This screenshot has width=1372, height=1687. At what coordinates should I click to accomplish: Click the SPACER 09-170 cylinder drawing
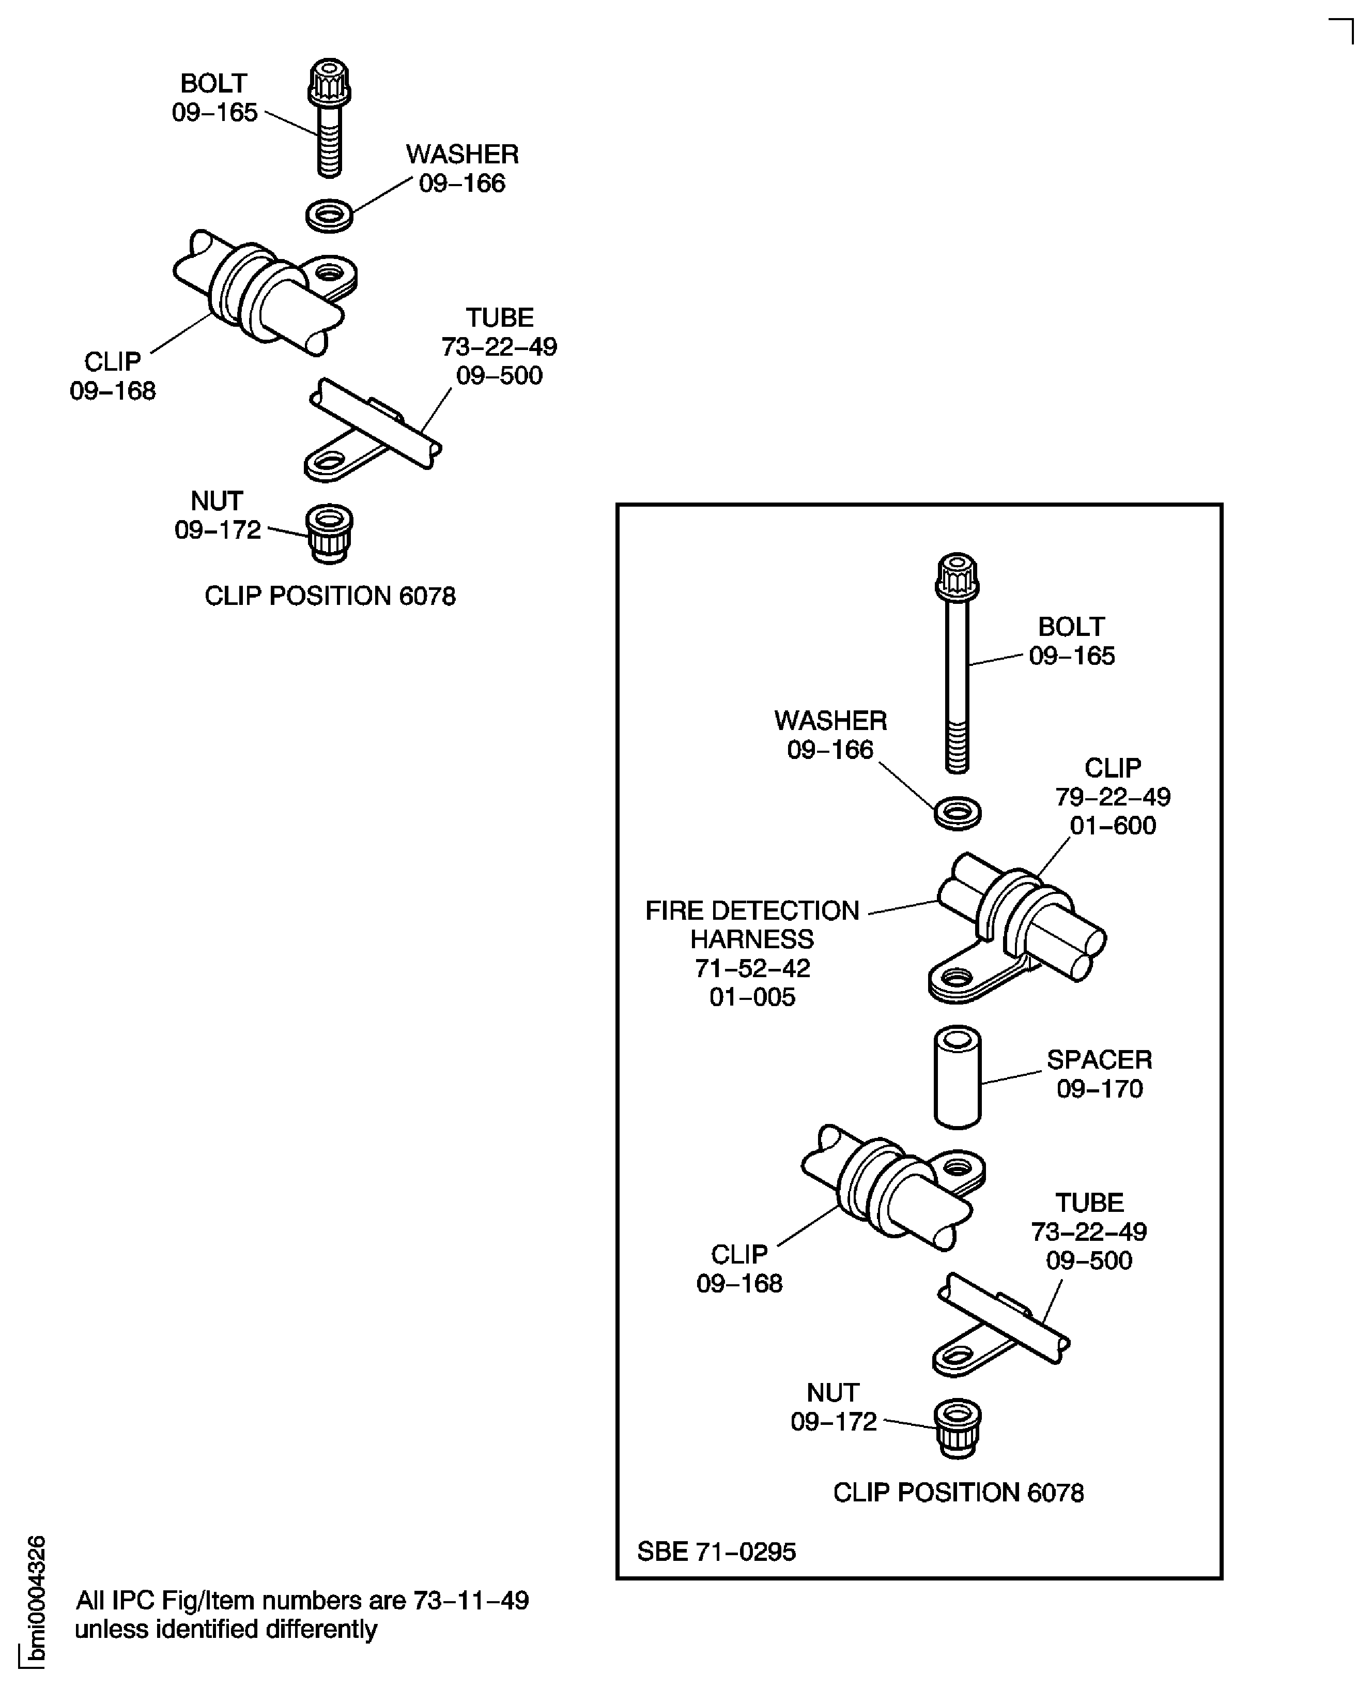[x=957, y=1077]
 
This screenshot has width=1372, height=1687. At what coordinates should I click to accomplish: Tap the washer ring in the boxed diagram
[x=957, y=813]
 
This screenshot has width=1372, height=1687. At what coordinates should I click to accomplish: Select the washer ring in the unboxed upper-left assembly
[x=329, y=215]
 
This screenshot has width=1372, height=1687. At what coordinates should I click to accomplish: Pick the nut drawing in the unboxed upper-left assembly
[x=329, y=533]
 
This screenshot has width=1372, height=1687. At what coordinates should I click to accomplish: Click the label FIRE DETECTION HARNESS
[x=751, y=925]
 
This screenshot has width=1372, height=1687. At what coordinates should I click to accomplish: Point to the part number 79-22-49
[x=1113, y=796]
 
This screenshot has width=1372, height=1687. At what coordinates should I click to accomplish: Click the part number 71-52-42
[x=751, y=968]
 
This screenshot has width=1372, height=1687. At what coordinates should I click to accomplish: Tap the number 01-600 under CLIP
[x=1113, y=825]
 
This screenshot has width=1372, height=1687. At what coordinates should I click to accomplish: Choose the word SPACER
[x=1099, y=1059]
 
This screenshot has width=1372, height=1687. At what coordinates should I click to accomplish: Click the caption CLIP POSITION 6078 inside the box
[x=958, y=1493]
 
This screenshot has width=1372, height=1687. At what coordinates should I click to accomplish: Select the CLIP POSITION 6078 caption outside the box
[x=330, y=596]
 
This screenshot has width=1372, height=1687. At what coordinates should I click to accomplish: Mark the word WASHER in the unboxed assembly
[x=463, y=154]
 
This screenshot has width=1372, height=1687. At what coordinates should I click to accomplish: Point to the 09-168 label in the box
[x=739, y=1283]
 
